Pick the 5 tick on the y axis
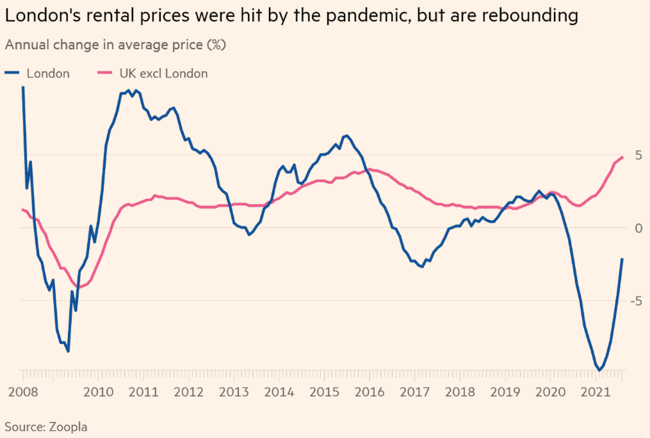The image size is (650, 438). click(x=638, y=155)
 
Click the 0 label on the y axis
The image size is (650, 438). click(x=638, y=228)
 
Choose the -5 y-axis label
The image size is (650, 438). click(x=635, y=301)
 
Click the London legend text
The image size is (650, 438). click(x=48, y=74)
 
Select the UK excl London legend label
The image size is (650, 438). click(x=163, y=74)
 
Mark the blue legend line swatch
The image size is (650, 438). click(x=12, y=74)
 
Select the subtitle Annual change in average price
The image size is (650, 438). click(x=115, y=45)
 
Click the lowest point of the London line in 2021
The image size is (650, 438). click(x=599, y=370)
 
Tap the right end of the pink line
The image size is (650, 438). click(x=622, y=157)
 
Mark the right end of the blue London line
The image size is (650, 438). click(x=622, y=259)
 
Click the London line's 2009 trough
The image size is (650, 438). click(x=68, y=351)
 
